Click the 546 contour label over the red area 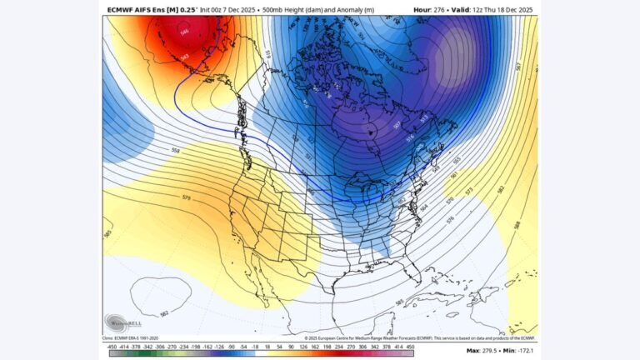pyautogui.click(x=184, y=32)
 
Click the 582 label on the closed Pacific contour pyautogui.click(x=164, y=311)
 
